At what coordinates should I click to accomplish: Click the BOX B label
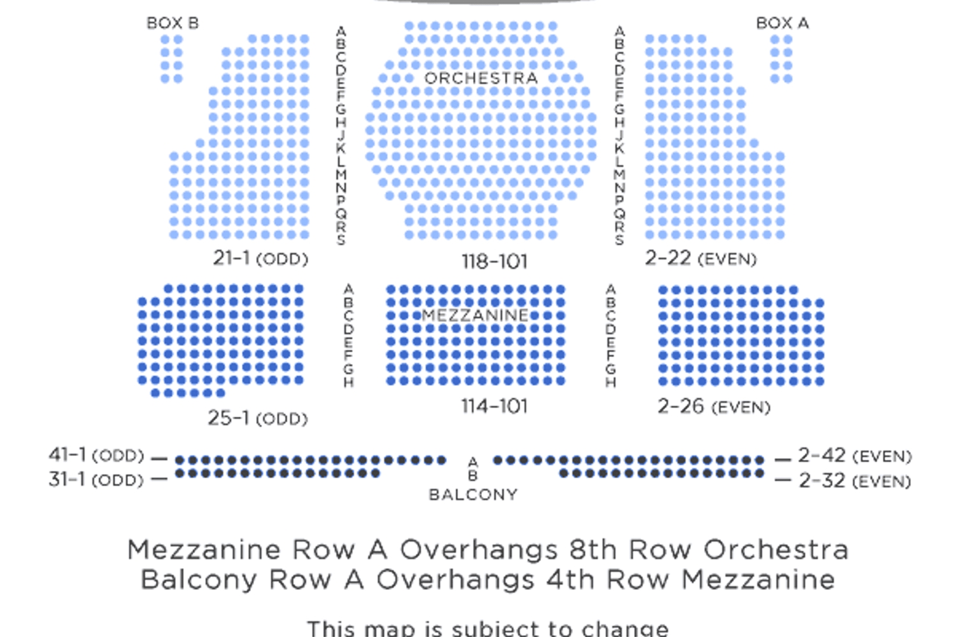173,24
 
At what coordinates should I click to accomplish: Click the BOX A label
782,24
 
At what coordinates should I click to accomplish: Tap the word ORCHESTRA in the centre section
481,78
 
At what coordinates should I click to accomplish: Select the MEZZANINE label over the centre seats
476,315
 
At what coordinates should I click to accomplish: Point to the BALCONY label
473,494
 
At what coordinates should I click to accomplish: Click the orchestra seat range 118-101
495,262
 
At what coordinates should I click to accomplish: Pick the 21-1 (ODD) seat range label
260,258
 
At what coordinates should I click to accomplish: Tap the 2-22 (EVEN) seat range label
701,258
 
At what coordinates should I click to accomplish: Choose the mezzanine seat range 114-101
495,406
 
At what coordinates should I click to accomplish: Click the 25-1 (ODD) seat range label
258,418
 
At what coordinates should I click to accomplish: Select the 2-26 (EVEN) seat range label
714,407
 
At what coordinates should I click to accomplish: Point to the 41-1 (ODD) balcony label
96,456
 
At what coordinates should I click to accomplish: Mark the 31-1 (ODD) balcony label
96,479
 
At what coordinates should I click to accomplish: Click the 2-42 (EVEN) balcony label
855,456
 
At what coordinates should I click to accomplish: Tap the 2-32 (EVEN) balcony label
855,480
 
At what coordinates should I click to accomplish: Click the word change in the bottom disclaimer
625,629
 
